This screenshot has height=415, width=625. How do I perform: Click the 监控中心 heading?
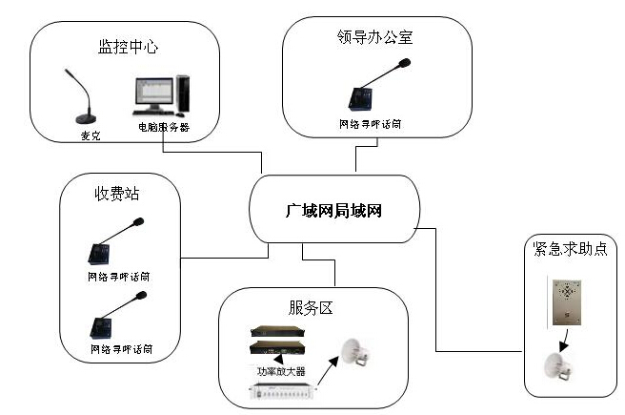click(x=124, y=46)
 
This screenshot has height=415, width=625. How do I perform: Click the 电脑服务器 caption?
click(x=164, y=126)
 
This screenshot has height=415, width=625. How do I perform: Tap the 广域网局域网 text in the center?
click(x=334, y=210)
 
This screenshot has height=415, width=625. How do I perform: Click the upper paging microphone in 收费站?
click(x=111, y=244)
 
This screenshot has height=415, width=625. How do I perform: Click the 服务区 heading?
click(x=312, y=307)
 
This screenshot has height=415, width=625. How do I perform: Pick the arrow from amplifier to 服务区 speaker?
click(x=328, y=373)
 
